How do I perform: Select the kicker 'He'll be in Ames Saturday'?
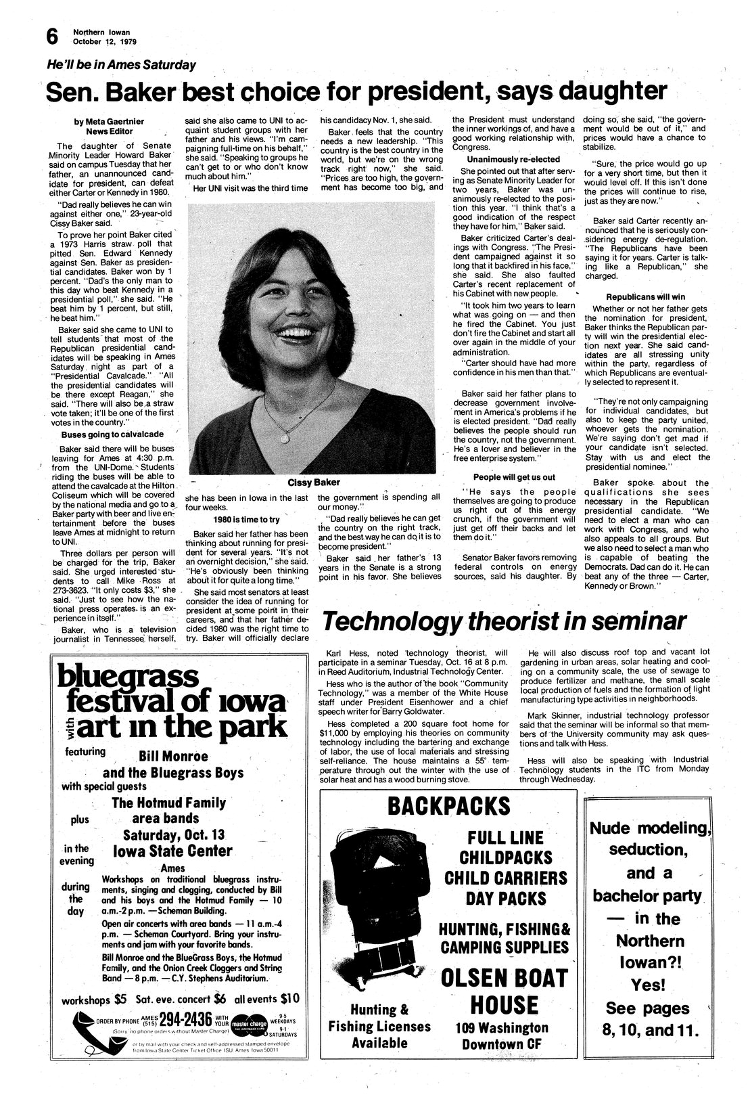[x=121, y=65]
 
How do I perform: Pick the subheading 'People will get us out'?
[x=514, y=477]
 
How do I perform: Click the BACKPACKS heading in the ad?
[x=449, y=806]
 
